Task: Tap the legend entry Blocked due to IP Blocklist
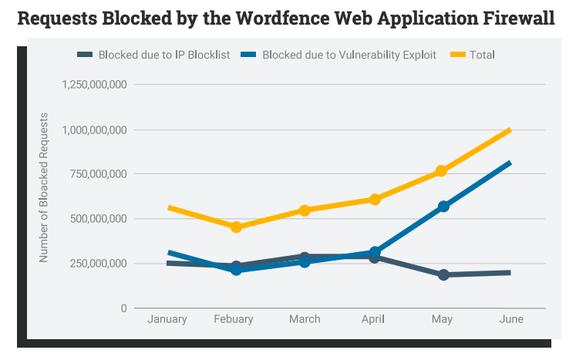click(163, 55)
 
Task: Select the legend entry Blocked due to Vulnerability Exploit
click(349, 55)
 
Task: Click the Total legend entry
click(480, 55)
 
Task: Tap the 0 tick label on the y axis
click(123, 308)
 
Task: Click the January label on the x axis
click(167, 319)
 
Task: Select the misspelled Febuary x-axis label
click(236, 319)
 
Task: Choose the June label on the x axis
click(511, 319)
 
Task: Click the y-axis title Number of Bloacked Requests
click(44, 187)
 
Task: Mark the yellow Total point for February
click(236, 227)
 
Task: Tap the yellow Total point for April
click(375, 200)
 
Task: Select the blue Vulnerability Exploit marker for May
click(443, 207)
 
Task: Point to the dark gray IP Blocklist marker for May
click(443, 274)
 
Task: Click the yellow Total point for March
click(305, 210)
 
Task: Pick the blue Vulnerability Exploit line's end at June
click(510, 163)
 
